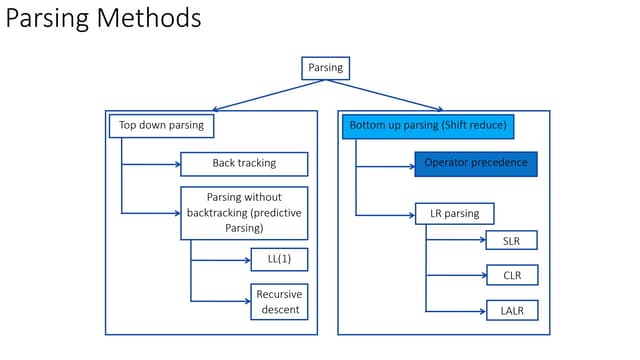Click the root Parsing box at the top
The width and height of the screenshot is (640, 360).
click(325, 68)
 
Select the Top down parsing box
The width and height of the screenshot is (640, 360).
click(161, 126)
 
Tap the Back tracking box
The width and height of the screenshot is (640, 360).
click(244, 163)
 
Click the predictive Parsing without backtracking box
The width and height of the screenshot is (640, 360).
click(244, 213)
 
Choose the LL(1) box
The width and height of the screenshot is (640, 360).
click(279, 260)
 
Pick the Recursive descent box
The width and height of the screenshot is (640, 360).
click(279, 301)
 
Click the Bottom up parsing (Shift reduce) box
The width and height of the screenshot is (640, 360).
click(429, 126)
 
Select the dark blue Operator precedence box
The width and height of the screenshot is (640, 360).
click(476, 164)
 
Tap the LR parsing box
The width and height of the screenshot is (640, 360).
click(454, 213)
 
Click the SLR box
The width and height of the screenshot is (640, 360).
click(512, 240)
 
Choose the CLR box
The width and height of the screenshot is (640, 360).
click(512, 275)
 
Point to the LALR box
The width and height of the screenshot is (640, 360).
click(512, 310)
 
